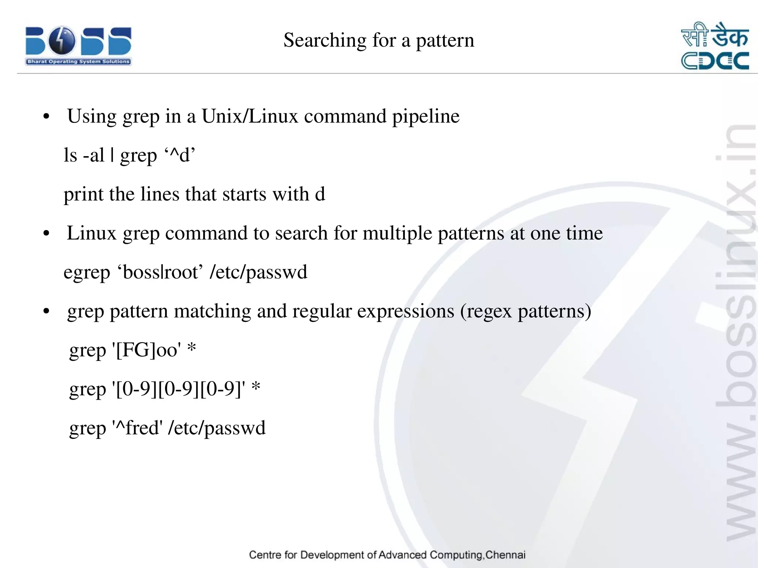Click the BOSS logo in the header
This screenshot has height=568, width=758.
point(78,46)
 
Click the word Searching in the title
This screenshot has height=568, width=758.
point(325,40)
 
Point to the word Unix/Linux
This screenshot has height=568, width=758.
point(249,117)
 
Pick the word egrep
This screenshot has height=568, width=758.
point(87,273)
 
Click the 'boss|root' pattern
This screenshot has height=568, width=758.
point(160,272)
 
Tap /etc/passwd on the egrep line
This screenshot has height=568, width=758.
point(258,273)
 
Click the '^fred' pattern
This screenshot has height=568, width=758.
point(137,428)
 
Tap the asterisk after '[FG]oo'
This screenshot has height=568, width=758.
point(191,348)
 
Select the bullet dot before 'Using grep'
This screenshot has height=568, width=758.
point(46,117)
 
